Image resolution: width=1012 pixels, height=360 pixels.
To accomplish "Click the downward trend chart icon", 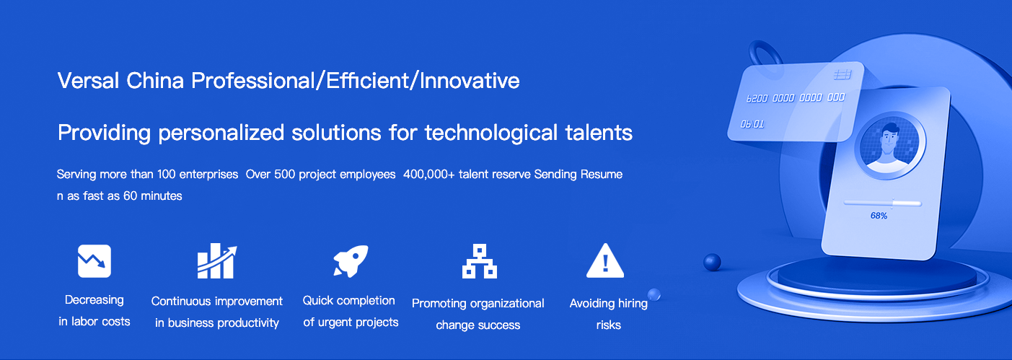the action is click(94, 261).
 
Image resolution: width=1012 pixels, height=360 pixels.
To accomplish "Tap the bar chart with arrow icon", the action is click(217, 261).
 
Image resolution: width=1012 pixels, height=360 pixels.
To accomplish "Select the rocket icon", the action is click(351, 260).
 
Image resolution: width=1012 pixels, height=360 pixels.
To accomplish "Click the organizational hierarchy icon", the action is click(480, 261).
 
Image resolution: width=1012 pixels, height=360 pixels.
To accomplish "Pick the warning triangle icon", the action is click(605, 260).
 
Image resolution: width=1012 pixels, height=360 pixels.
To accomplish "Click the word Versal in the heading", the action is click(88, 81).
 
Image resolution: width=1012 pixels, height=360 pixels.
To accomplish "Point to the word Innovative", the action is click(470, 81).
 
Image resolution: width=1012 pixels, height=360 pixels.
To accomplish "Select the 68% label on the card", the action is click(879, 216).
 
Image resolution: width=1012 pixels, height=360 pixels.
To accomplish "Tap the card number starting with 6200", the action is click(795, 97).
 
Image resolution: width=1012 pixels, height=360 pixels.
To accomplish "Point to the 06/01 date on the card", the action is click(752, 124).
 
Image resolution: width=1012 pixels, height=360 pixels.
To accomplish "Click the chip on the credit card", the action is click(842, 74).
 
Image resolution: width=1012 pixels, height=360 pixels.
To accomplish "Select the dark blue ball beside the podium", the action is click(712, 263).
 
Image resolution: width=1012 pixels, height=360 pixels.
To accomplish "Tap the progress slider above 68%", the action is click(882, 203).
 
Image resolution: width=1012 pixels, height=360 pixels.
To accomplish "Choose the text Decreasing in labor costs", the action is click(94, 311).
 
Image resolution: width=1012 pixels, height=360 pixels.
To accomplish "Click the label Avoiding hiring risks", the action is click(608, 314).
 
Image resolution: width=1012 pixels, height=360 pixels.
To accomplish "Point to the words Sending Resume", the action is click(578, 175).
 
